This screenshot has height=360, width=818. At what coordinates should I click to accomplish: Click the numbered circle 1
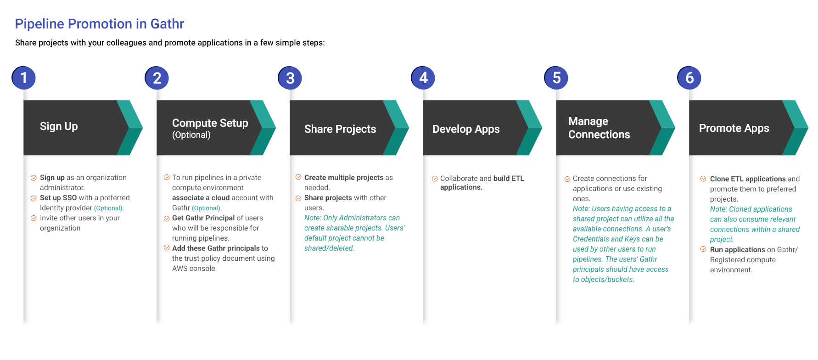[x=23, y=78]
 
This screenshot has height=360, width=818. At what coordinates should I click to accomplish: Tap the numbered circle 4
[x=423, y=78]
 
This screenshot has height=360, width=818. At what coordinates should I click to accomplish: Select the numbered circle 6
[x=689, y=78]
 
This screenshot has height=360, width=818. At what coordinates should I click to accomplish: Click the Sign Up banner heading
[x=59, y=126]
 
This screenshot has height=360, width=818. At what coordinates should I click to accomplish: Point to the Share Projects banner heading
[x=340, y=129]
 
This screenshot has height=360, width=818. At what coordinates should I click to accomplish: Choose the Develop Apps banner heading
[x=466, y=129]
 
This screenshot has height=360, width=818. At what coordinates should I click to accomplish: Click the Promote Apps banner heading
[x=734, y=128]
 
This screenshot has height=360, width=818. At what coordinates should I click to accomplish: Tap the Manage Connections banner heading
[x=599, y=128]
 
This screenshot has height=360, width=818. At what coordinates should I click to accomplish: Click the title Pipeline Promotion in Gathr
[x=99, y=23]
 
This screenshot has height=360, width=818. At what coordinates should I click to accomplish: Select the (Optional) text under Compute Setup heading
[x=191, y=135]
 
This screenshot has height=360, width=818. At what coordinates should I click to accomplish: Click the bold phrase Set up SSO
[x=58, y=198]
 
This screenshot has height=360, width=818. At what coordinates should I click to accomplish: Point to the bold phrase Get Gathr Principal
[x=203, y=218]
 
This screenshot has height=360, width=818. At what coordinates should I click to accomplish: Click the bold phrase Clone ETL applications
[x=748, y=179]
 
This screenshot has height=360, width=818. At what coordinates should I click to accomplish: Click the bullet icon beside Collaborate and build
[x=435, y=179]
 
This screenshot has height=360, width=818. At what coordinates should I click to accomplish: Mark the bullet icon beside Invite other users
[x=34, y=218]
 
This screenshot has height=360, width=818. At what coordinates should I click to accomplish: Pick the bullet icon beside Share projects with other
[x=298, y=198]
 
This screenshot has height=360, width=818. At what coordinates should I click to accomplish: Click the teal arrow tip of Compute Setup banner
[x=275, y=128]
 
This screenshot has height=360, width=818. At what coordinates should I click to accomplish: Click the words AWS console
[x=194, y=269]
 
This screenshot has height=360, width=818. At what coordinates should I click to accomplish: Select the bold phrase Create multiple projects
[x=343, y=178]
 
